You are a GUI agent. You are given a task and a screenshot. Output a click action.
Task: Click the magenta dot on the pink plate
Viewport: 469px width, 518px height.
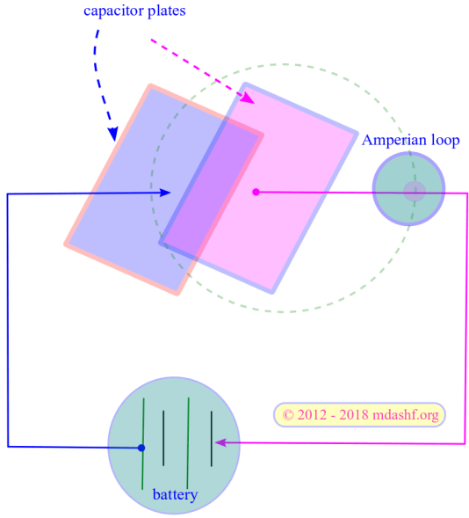click(x=256, y=192)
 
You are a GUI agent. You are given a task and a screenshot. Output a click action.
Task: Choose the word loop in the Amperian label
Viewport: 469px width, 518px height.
click(x=444, y=141)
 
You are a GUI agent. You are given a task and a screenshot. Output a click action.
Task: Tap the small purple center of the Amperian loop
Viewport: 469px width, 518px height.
click(x=414, y=191)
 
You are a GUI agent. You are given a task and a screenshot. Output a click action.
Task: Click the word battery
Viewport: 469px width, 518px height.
click(x=175, y=495)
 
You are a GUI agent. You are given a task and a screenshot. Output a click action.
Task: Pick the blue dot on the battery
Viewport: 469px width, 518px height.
click(x=141, y=449)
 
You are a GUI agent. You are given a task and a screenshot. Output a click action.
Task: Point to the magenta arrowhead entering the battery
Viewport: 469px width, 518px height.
click(x=220, y=442)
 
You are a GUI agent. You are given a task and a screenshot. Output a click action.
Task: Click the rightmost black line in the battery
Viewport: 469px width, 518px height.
click(x=211, y=438)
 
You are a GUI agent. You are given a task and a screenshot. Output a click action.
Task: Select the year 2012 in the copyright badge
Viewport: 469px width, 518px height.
click(x=314, y=415)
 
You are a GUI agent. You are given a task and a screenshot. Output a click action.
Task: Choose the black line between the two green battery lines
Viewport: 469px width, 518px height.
click(x=162, y=438)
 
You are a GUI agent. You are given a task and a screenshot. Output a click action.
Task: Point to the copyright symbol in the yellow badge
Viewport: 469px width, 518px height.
click(x=288, y=415)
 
